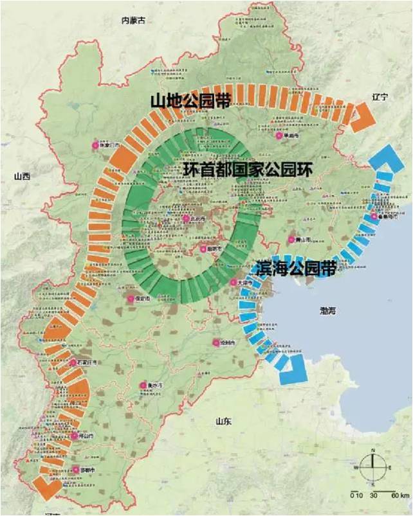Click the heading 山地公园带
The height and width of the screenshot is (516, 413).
(x=190, y=101)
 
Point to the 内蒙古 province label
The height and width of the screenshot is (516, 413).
(x=134, y=21)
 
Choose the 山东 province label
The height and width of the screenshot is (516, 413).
(x=224, y=420)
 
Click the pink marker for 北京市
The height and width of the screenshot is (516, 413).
(x=186, y=219)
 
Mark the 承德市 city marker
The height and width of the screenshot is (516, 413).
(x=279, y=136)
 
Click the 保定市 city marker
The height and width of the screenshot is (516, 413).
(x=131, y=299)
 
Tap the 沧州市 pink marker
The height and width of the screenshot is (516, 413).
(x=216, y=343)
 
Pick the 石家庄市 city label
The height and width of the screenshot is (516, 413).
(x=86, y=363)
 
